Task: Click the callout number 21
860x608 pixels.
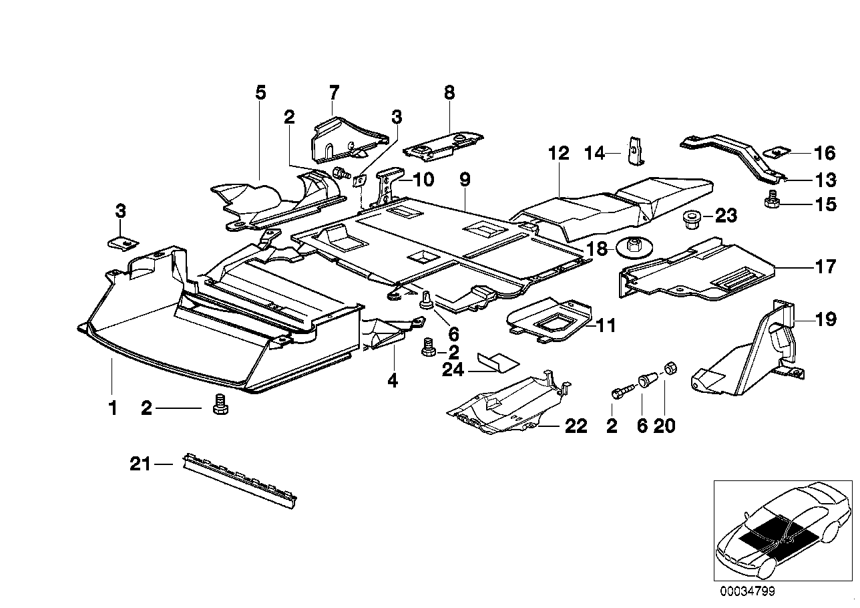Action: tap(140, 464)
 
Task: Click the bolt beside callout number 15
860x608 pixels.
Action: tap(774, 199)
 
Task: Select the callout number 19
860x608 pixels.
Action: tap(825, 320)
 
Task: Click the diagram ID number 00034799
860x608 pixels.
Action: tap(748, 591)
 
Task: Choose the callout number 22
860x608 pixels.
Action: tap(576, 426)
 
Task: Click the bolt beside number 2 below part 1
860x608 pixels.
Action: tap(217, 404)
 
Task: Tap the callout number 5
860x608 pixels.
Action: tap(260, 93)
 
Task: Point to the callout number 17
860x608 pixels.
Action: tap(825, 267)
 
